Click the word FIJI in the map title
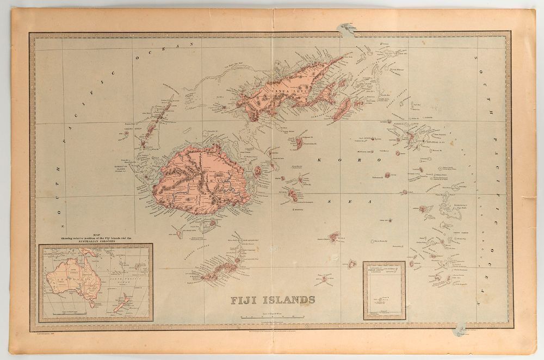(243, 300)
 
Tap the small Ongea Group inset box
(384, 290)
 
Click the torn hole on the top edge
(346, 24)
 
